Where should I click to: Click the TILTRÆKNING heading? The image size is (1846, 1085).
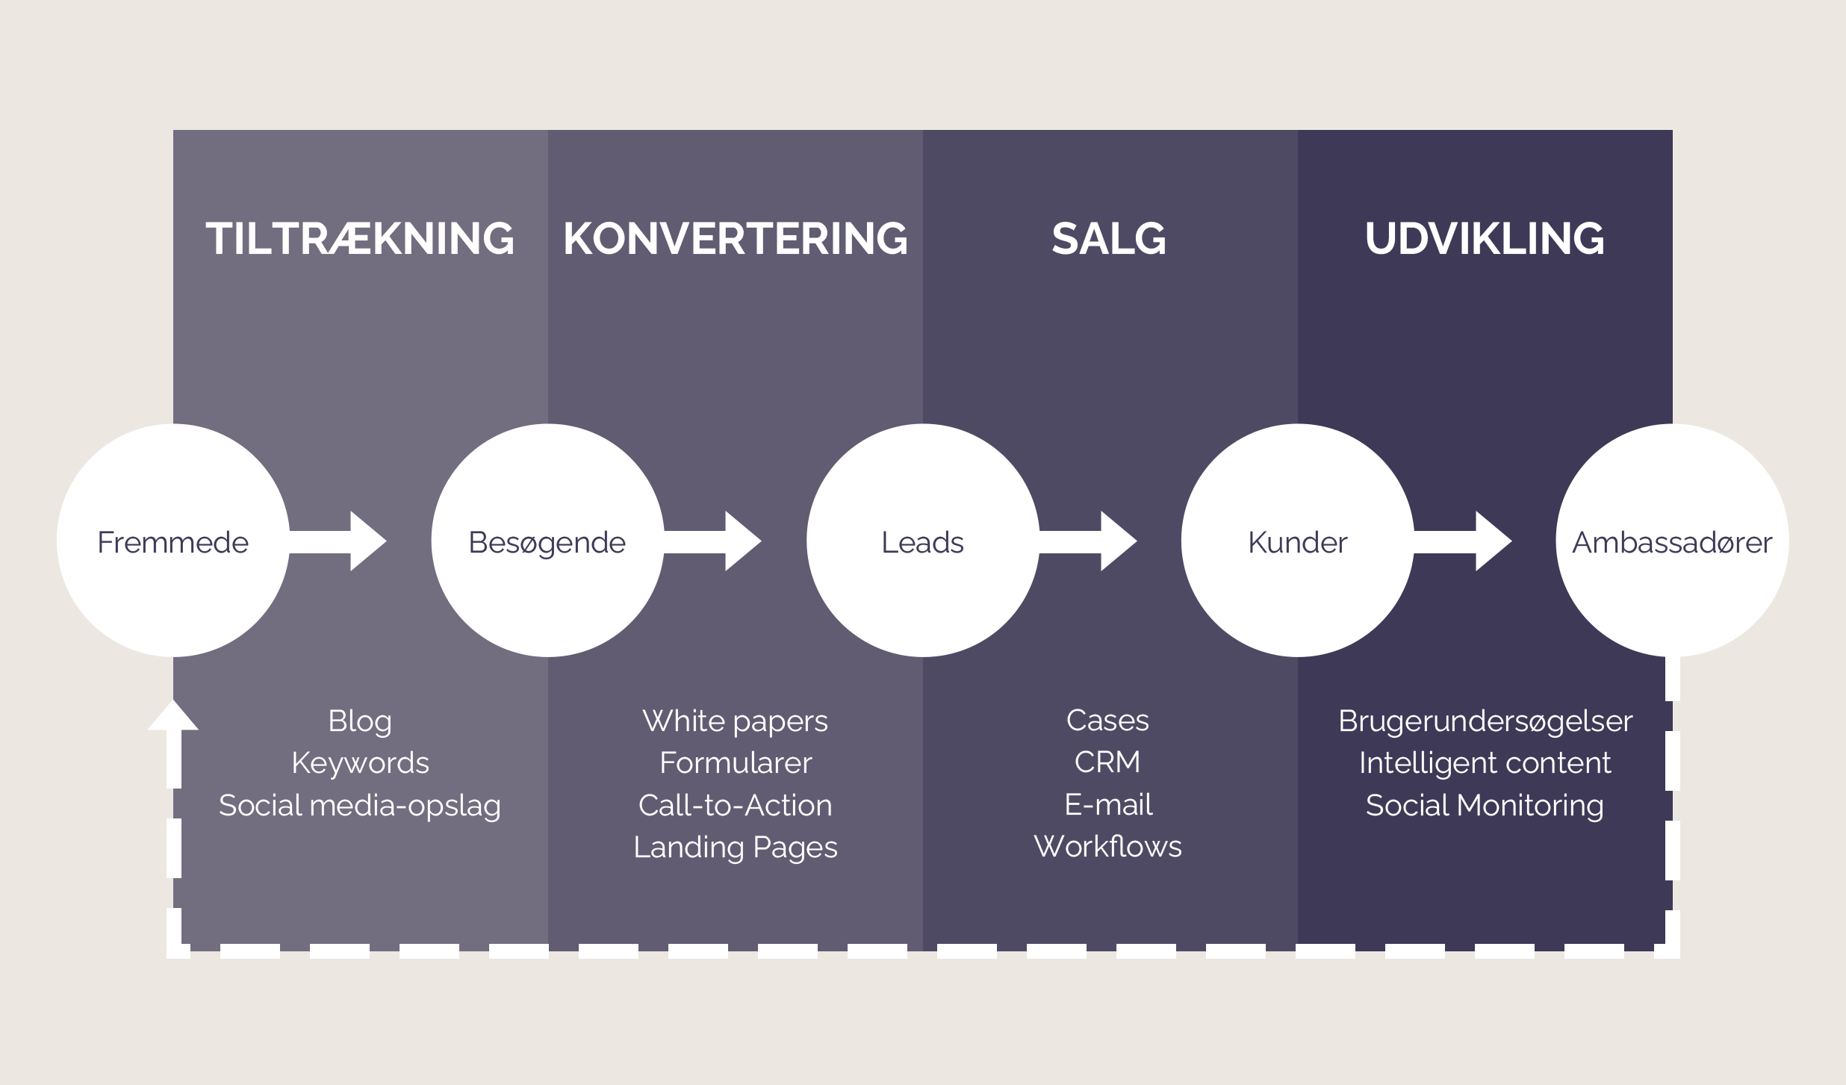[x=360, y=239]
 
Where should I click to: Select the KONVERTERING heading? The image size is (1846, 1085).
[x=736, y=239]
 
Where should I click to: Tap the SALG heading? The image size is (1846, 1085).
[x=1109, y=239]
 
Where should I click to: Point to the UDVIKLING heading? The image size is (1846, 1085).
[x=1485, y=239]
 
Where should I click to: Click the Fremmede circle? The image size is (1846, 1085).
[x=173, y=541]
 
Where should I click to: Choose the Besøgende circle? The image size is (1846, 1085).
[x=547, y=541]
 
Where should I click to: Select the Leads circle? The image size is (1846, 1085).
[x=923, y=541]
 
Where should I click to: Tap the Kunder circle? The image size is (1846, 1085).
[x=1298, y=541]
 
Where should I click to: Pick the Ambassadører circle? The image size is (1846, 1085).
[x=1672, y=541]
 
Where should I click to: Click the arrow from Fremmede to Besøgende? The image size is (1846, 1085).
[x=340, y=541]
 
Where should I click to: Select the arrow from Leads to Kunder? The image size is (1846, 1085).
[x=1090, y=541]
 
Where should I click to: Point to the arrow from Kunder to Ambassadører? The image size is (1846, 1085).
[x=1465, y=541]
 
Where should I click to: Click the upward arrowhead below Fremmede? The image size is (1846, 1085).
[x=173, y=717]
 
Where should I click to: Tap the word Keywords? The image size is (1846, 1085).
[x=360, y=763]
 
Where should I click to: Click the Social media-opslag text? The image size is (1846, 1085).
[x=360, y=806]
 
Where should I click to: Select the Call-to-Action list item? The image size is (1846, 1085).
[x=736, y=806]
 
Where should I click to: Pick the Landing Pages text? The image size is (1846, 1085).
[x=736, y=848]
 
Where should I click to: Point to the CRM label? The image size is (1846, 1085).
[x=1107, y=762]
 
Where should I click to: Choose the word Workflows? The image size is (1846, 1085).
[x=1107, y=847]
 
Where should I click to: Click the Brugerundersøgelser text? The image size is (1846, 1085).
[x=1485, y=721]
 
